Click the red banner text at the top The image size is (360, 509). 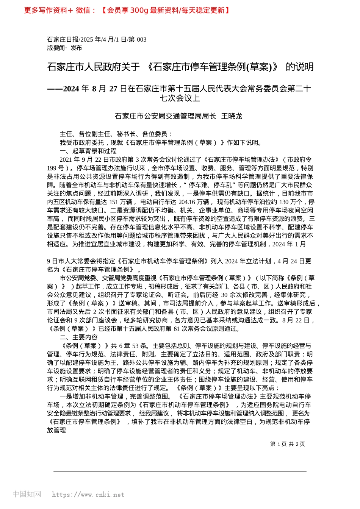[127, 10]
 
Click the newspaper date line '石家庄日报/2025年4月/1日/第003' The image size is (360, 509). [97, 39]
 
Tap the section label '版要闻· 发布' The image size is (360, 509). [64, 48]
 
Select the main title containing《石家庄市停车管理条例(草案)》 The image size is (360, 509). [180, 67]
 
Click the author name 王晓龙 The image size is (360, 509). [232, 116]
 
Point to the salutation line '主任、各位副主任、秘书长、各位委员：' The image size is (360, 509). [116, 134]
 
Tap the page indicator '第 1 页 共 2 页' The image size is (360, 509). [287, 444]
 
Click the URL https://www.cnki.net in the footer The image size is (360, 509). [88, 495]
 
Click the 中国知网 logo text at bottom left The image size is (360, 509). [27, 494]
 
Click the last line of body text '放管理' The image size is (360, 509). [56, 430]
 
